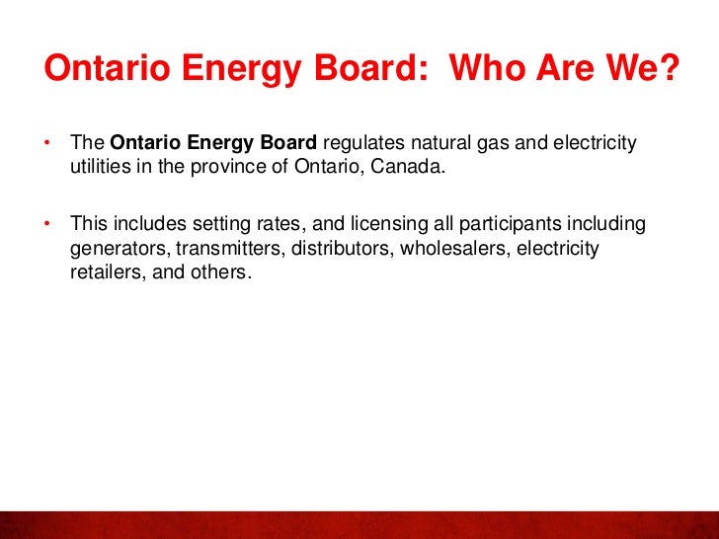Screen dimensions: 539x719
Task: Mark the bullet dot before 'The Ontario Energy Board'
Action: [x=47, y=145]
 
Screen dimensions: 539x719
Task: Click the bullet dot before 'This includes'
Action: [x=47, y=224]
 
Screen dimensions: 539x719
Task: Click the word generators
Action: [x=113, y=248]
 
